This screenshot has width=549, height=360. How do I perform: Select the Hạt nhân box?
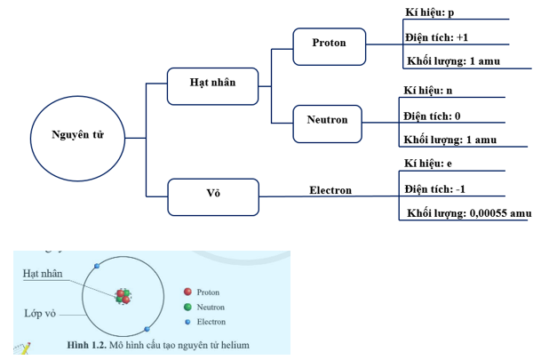212,83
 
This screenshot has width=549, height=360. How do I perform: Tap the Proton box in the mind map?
329,44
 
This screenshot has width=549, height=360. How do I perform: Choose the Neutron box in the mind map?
328,121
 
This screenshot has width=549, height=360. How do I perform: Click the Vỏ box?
213,195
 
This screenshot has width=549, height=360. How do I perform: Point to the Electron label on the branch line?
330,190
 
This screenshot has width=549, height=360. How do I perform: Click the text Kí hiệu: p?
430,12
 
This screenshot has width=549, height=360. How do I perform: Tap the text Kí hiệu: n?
428,90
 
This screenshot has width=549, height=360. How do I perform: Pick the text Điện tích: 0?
433,116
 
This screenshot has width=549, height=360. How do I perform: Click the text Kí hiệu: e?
428,164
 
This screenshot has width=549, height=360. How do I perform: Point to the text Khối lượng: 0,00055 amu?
469,213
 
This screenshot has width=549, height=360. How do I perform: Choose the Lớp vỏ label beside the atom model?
40,314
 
